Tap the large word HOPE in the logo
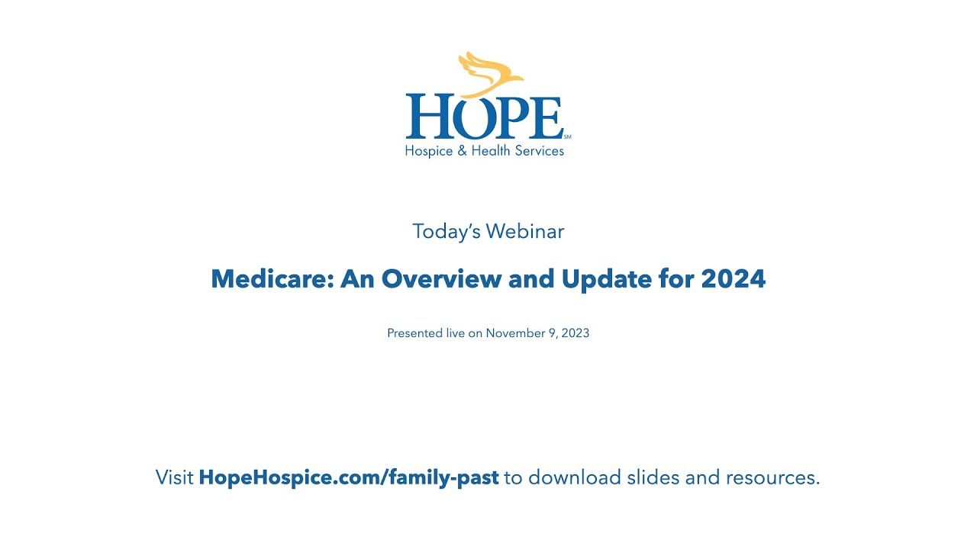point(484,117)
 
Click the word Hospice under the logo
point(429,151)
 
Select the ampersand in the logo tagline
point(461,151)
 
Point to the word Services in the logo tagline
point(539,151)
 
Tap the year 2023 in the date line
point(574,333)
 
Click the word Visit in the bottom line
point(174,478)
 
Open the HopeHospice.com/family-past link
point(349,478)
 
